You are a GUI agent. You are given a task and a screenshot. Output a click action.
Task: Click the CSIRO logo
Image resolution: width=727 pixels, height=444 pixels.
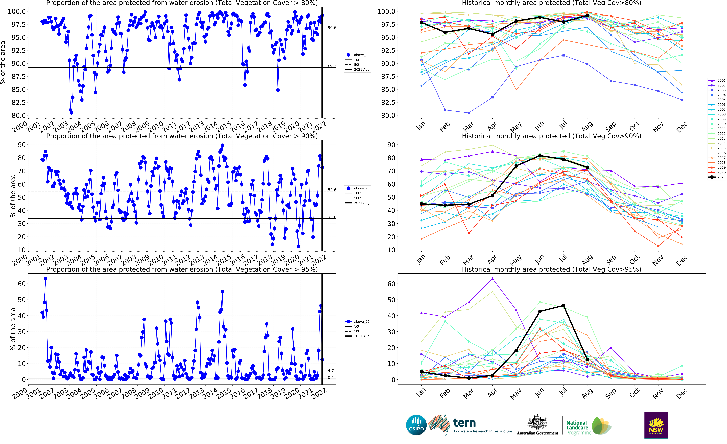coord(416,425)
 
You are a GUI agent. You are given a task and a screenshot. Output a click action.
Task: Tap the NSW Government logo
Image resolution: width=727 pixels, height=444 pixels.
coord(656,425)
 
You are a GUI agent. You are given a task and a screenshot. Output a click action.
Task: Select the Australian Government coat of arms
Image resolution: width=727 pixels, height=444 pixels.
coord(537,422)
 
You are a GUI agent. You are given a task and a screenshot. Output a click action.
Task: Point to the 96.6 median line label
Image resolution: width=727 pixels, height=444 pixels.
coord(332,28)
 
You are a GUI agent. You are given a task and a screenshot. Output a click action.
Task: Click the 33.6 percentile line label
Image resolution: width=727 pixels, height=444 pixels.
coord(332,217)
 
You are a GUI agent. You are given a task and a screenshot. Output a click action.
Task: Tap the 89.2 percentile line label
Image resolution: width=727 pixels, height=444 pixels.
coord(332,66)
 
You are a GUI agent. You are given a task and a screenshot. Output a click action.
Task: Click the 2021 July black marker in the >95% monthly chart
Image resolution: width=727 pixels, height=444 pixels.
coord(564,305)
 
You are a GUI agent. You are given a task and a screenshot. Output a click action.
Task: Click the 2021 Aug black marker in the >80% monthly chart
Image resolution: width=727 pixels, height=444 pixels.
coord(587,15)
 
